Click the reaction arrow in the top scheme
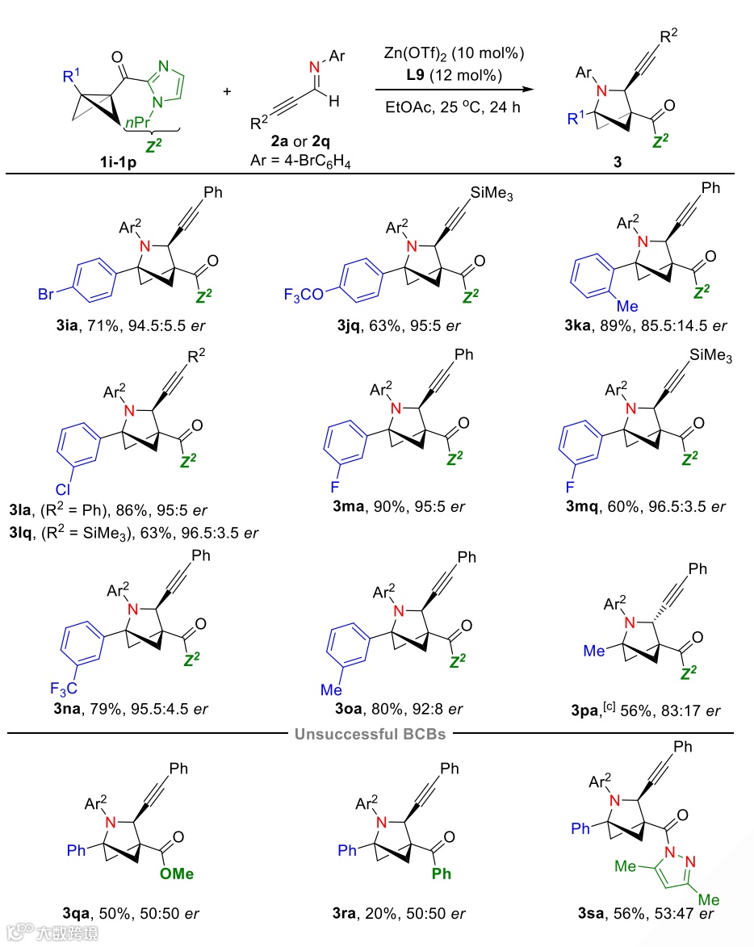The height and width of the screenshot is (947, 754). click(457, 90)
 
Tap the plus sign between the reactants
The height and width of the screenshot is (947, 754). click(227, 90)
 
